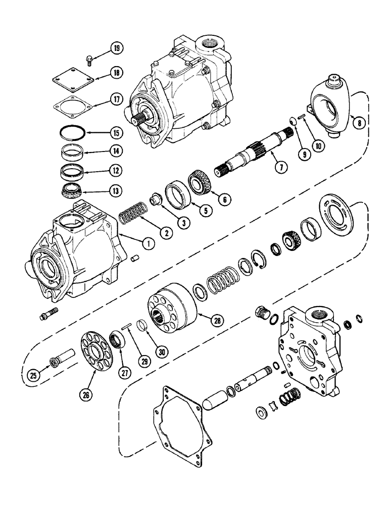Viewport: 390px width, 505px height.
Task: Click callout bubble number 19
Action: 117,48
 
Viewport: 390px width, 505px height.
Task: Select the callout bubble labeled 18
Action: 117,73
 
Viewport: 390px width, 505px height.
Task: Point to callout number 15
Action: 117,134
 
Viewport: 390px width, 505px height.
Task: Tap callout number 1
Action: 148,244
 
